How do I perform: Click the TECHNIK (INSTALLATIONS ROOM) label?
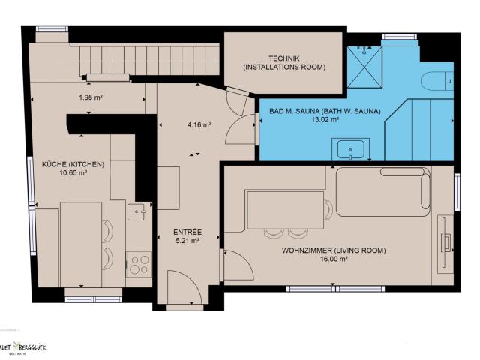pos(283,63)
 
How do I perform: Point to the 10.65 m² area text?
pos(73,172)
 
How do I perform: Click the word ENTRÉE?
pos(186,232)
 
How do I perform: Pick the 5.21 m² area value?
pos(186,241)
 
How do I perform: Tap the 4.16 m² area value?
pos(198,124)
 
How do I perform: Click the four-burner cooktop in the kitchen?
pos(139,264)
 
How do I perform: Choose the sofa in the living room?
pos(383,192)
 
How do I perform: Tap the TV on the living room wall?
pos(446,241)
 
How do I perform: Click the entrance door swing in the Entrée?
pos(184,287)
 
